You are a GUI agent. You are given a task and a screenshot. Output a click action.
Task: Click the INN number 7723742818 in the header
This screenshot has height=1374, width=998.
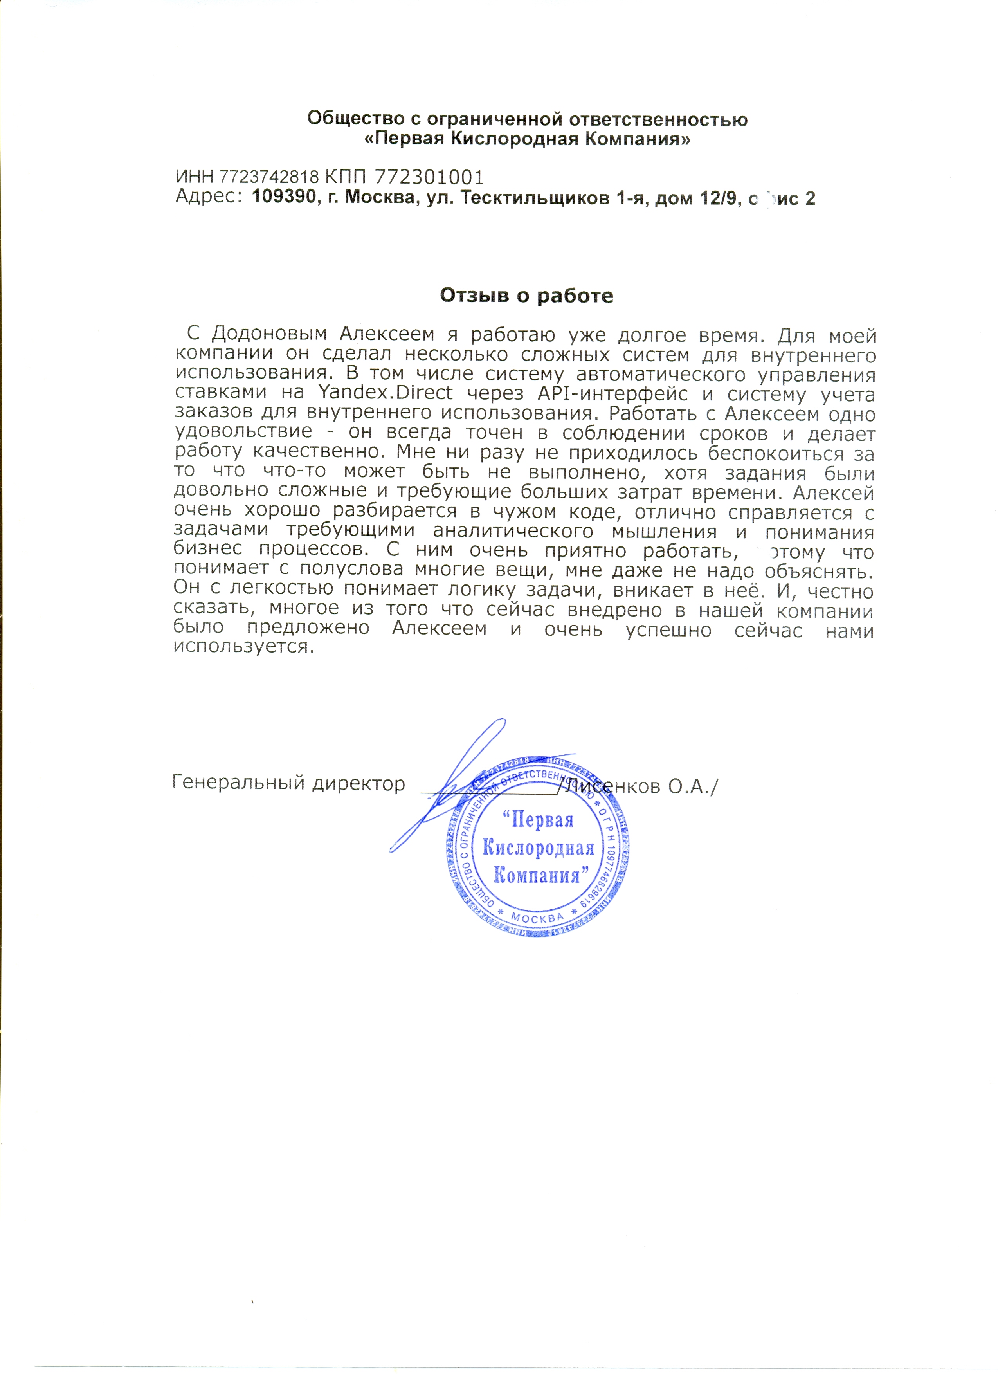click(268, 177)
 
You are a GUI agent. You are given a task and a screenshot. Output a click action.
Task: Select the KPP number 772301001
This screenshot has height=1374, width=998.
click(429, 177)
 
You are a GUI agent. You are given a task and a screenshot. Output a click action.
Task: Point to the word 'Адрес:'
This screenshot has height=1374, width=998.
click(208, 197)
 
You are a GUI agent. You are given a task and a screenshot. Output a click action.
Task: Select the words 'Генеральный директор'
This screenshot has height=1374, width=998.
click(288, 783)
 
